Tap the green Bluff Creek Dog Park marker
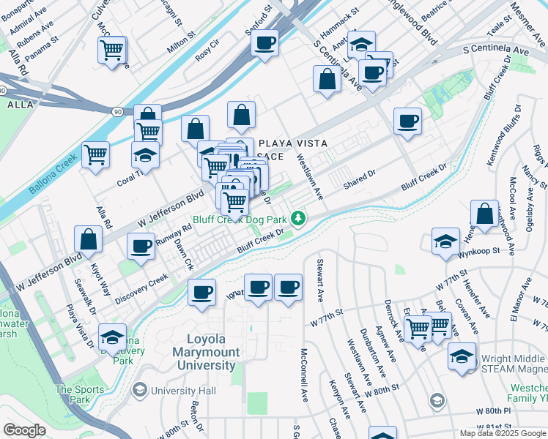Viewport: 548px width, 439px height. tap(298, 218)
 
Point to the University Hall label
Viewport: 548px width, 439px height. tap(183, 391)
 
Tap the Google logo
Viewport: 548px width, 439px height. tap(25, 430)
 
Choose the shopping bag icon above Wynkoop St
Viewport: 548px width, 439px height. tap(484, 214)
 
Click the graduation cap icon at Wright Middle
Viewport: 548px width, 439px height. tap(462, 356)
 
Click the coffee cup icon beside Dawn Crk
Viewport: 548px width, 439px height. tap(141, 246)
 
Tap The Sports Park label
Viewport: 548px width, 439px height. tap(73, 394)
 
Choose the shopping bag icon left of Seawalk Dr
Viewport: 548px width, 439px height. tap(88, 239)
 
